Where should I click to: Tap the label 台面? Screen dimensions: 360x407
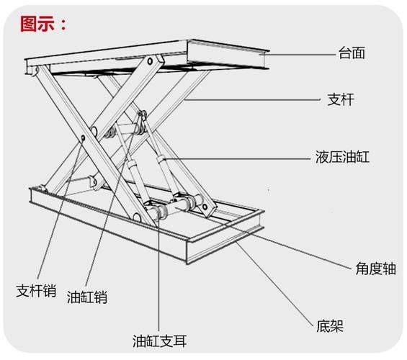pos(353,53)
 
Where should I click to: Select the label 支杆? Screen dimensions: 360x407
pos(353,101)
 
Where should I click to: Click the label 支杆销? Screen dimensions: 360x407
pos(36,291)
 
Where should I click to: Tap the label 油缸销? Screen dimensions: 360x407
pos(87,296)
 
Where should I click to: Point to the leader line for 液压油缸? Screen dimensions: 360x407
pos(238,156)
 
